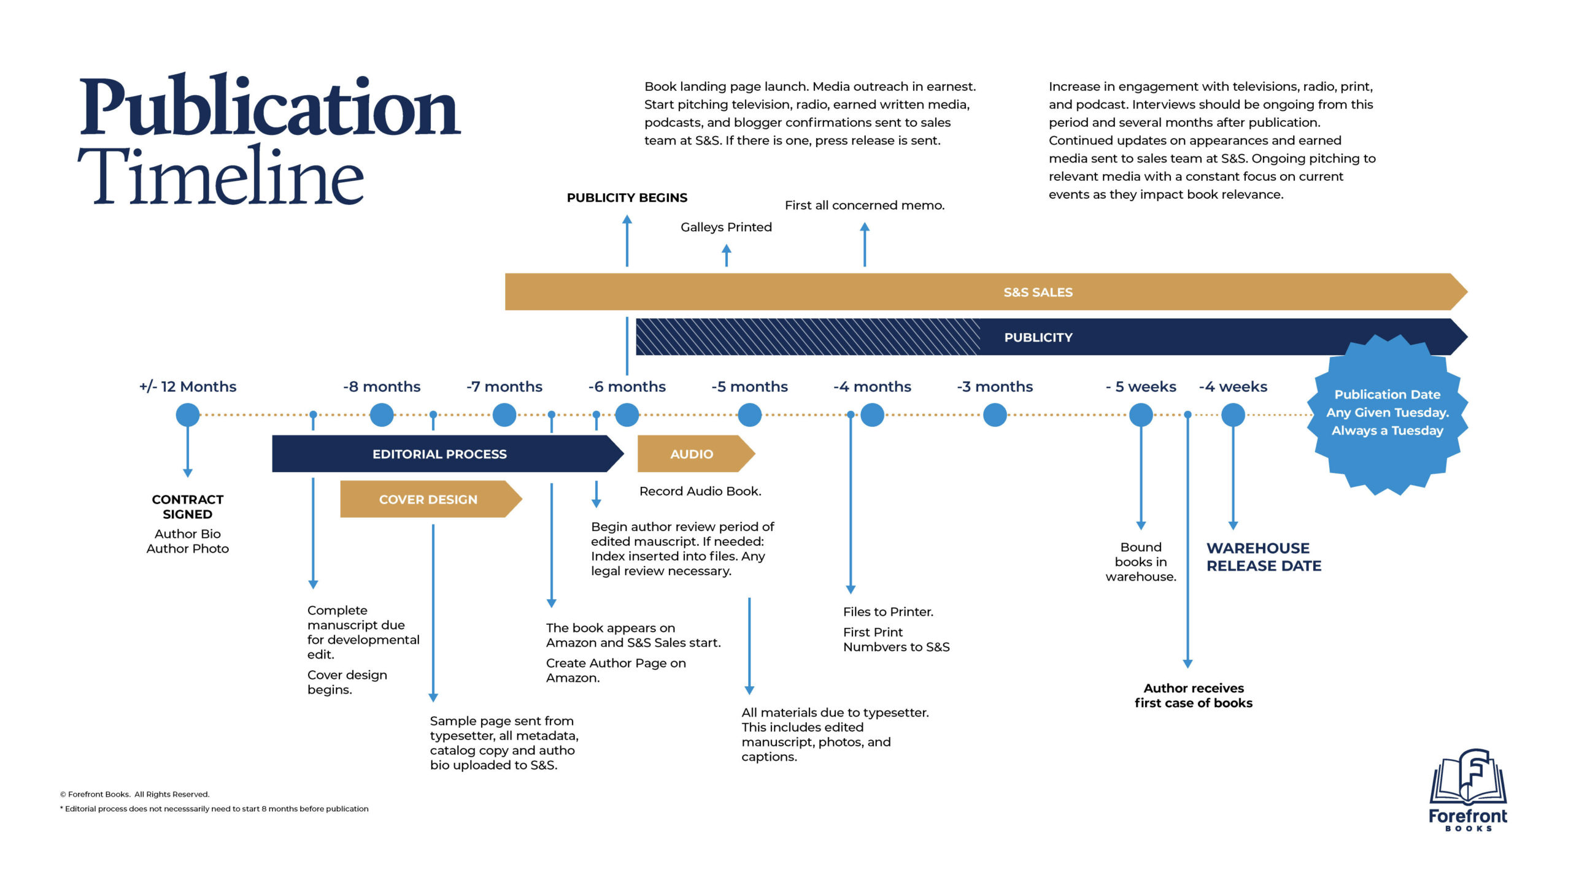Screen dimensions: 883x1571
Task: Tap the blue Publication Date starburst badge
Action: click(1387, 413)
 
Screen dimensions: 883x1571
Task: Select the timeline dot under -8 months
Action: click(382, 415)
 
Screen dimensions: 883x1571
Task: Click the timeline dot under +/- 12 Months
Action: click(187, 415)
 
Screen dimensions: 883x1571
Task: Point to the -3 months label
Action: click(994, 387)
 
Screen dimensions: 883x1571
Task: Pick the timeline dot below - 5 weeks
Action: click(1141, 415)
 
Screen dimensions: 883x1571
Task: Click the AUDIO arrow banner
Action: click(692, 454)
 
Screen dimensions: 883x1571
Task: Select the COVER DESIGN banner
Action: click(428, 500)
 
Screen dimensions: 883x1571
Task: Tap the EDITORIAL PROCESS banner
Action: click(439, 454)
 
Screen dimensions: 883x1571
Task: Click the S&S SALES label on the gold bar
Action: click(1038, 292)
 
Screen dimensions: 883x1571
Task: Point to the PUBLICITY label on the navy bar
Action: click(1038, 338)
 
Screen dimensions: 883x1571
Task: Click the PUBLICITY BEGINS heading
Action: click(627, 198)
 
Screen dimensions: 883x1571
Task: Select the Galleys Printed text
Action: click(726, 227)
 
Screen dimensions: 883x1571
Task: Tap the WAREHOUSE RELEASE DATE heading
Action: click(1264, 557)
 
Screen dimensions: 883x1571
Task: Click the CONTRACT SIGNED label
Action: click(187, 507)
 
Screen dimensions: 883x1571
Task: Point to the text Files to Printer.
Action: click(887, 612)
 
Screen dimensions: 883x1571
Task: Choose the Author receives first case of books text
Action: click(1193, 696)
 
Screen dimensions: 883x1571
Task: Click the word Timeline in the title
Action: click(221, 176)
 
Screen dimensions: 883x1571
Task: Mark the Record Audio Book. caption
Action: click(700, 491)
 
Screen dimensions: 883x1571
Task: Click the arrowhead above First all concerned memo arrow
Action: click(865, 227)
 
